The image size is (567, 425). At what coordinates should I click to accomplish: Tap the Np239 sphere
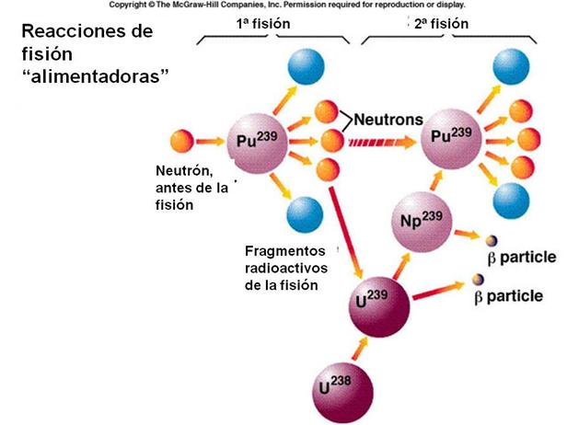point(422,220)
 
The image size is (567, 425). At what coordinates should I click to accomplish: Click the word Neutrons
point(388,120)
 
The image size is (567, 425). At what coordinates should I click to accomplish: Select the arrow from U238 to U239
point(353,346)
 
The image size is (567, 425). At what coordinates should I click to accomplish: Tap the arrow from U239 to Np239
point(396,262)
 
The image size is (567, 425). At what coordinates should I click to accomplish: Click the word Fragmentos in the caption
point(286,250)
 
